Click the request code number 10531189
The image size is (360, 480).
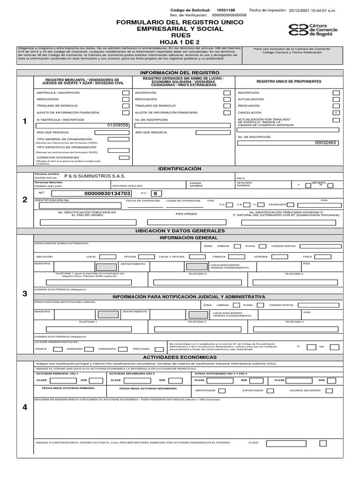(226, 9)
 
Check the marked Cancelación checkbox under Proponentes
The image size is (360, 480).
(336, 113)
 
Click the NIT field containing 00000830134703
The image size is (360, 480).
(92, 193)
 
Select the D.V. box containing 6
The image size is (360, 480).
(156, 193)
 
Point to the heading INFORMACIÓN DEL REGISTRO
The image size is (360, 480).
(180, 73)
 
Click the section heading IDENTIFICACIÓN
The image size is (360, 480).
(180, 168)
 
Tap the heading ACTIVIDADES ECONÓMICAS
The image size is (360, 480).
(180, 357)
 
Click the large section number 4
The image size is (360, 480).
(25, 407)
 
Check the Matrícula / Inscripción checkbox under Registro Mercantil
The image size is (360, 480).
(125, 93)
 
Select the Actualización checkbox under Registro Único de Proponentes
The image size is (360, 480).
(336, 100)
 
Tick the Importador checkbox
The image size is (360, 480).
(222, 390)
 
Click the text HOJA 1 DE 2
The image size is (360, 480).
(180, 42)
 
